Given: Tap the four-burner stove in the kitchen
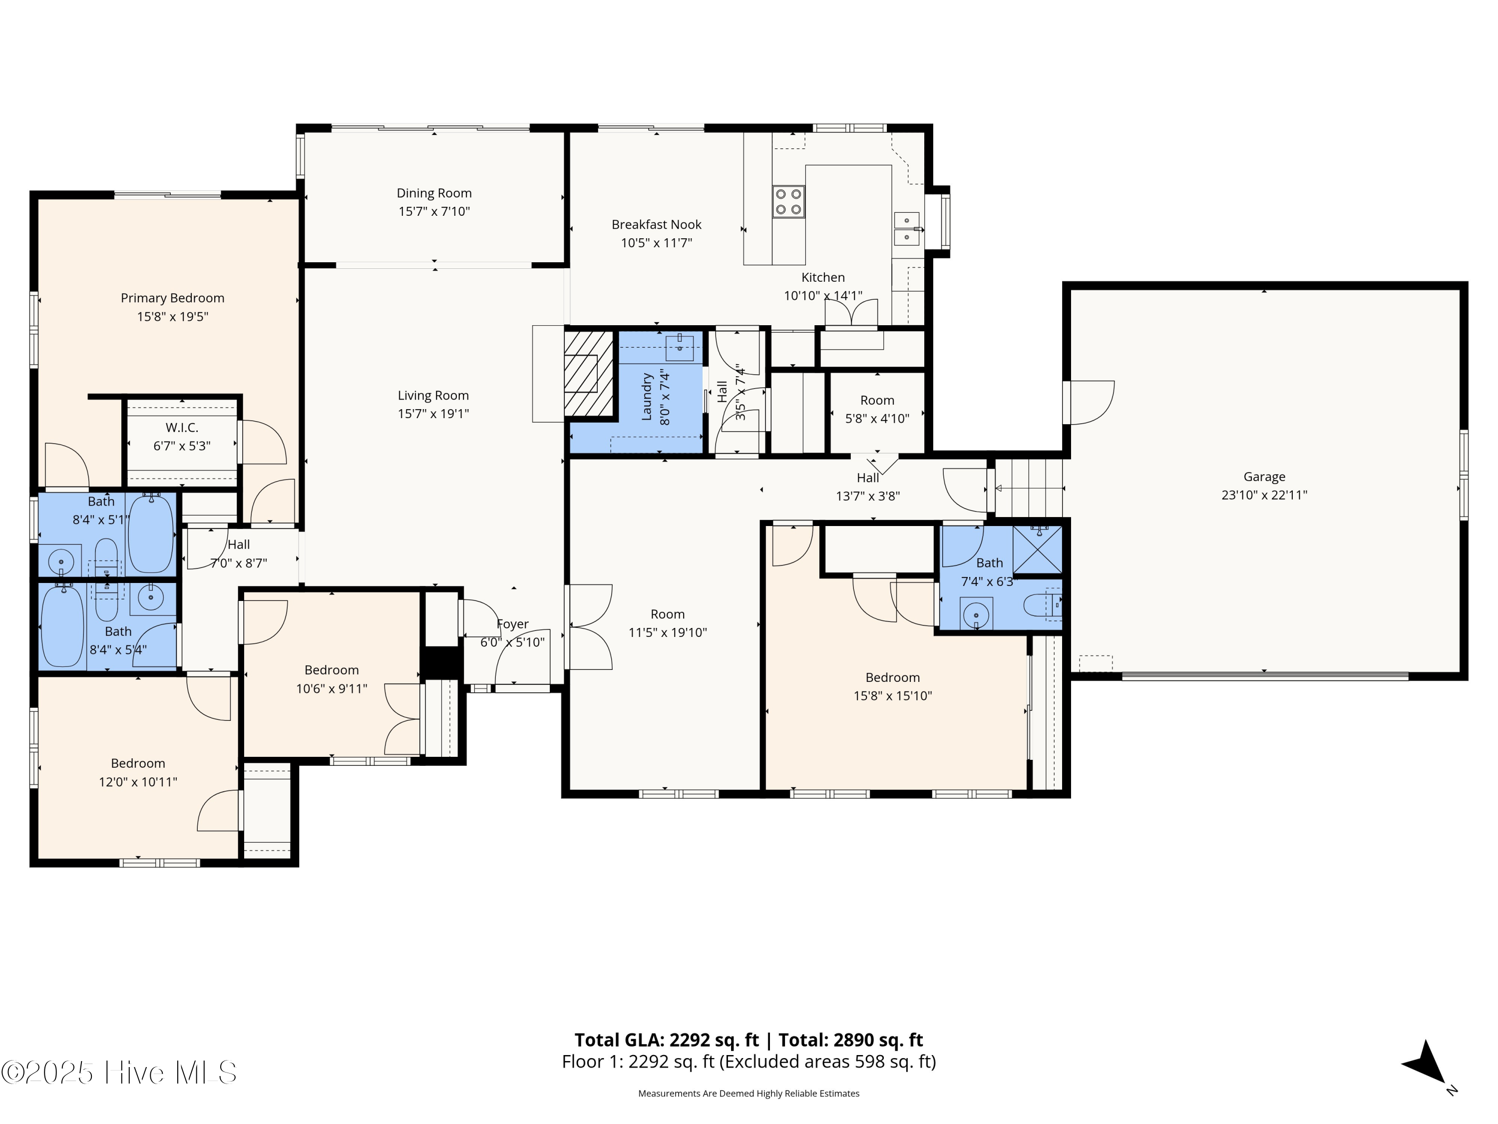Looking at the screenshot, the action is pos(788,201).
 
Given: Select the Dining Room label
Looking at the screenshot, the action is pos(434,193).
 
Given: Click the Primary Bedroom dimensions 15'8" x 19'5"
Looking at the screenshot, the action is pos(173,316).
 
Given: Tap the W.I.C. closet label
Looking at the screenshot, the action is pos(182,428).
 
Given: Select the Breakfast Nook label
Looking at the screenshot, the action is pos(656,224).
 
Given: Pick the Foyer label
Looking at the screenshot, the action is pos(513,624).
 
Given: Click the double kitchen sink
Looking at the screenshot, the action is pos(906,229).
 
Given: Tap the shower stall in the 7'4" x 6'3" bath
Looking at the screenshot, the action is pos(1037,550).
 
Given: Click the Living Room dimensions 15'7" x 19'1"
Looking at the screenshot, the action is pos(433,413).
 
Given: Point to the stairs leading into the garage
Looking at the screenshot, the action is pos(1029,488).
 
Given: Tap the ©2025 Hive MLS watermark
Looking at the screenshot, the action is pos(119,1072).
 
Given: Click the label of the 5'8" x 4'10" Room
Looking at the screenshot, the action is pos(877,401).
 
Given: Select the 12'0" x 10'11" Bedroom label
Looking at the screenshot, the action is pos(138,763).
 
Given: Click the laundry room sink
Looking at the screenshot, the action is pos(680,348).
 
